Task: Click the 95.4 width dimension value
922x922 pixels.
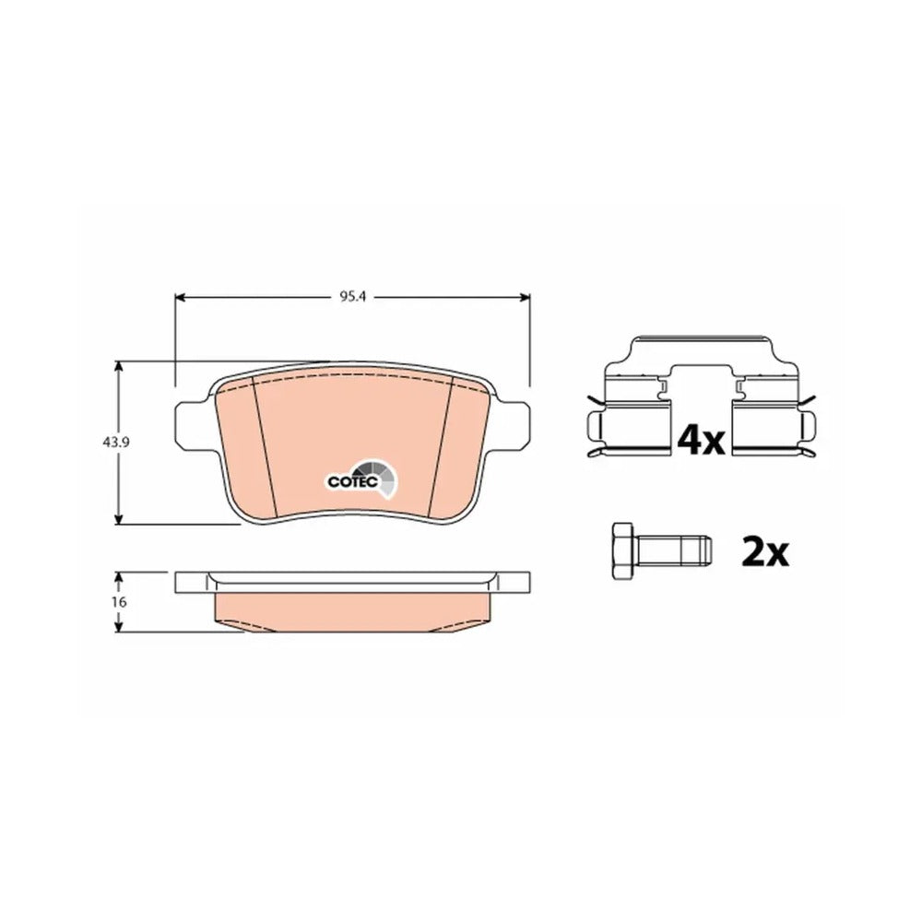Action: coord(352,297)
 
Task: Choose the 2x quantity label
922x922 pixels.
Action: coord(765,551)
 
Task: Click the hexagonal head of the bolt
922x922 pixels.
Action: coord(622,551)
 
